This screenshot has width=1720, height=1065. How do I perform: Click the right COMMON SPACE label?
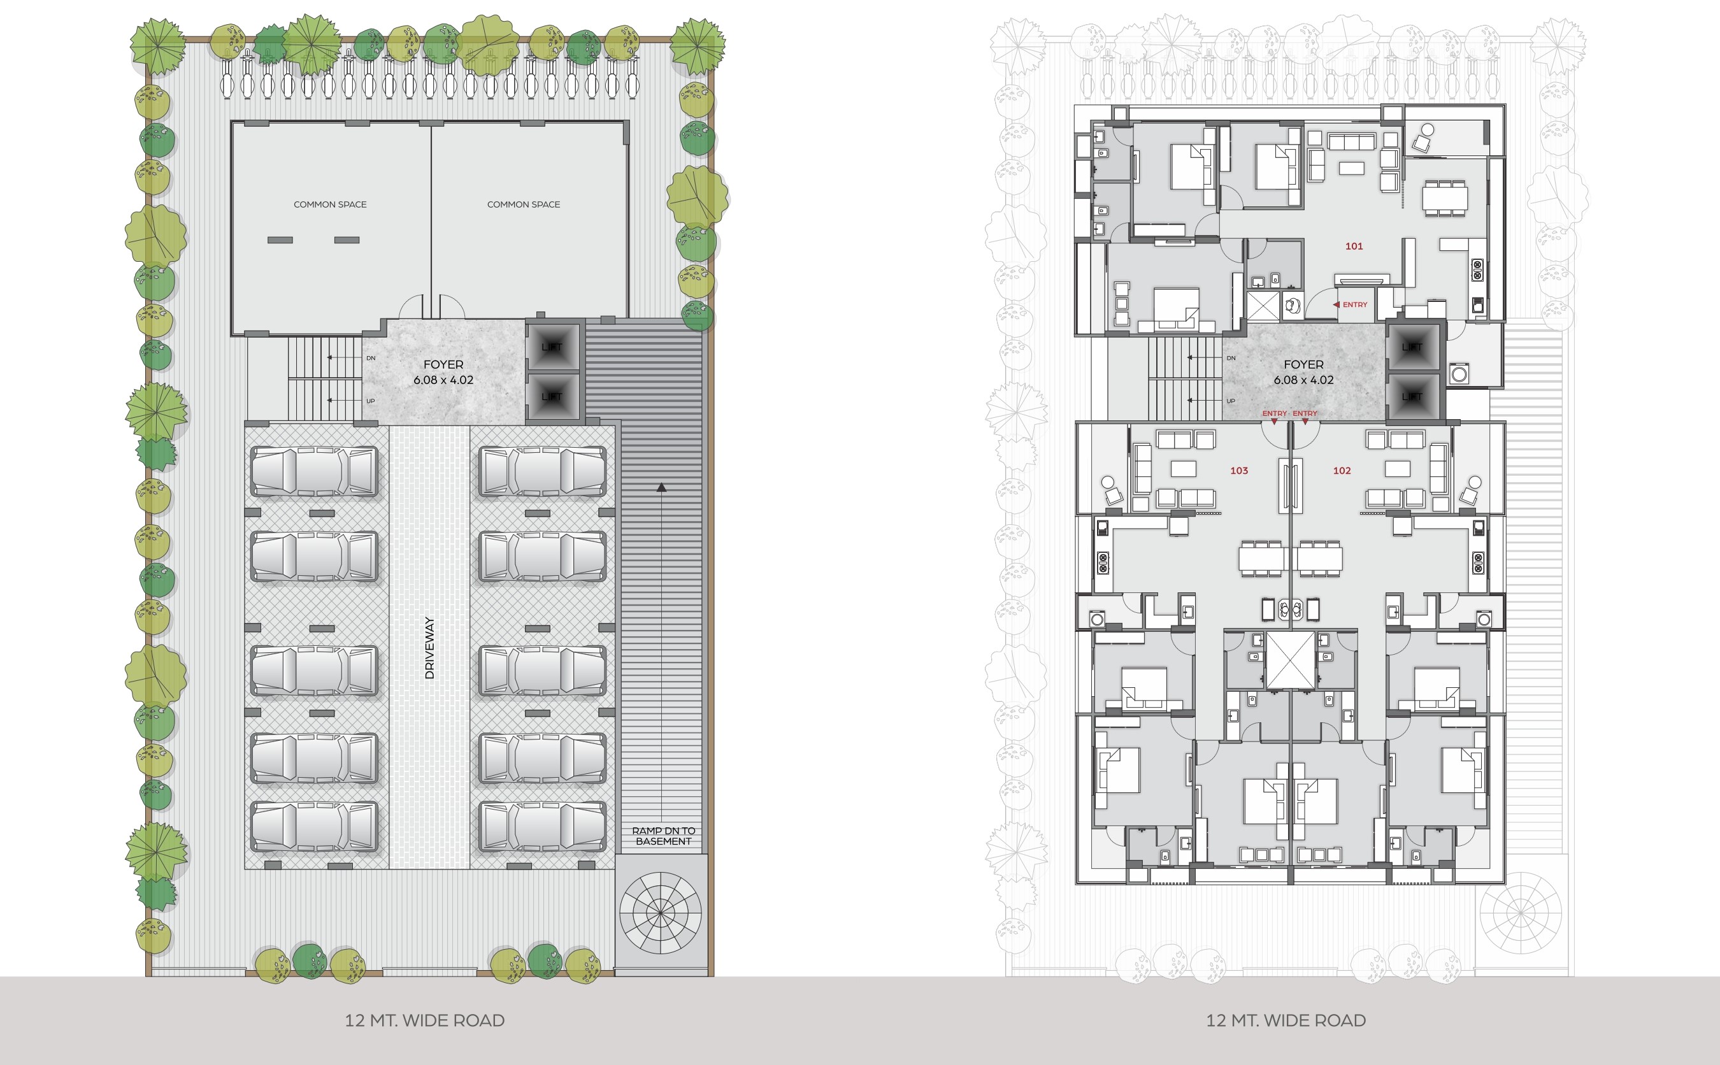[523, 204]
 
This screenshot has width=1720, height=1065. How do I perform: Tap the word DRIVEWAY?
[429, 648]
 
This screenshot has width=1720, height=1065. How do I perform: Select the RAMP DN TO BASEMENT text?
[664, 836]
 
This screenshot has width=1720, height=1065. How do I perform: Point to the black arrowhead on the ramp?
[661, 487]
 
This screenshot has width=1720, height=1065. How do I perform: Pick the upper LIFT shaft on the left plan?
[552, 347]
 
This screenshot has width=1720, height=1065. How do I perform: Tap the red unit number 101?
[1354, 246]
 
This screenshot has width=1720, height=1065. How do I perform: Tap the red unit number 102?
[1342, 471]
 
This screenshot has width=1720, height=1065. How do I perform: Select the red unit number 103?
[1239, 471]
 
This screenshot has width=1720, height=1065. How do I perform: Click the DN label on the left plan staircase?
[371, 359]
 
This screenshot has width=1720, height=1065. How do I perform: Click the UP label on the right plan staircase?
[1231, 401]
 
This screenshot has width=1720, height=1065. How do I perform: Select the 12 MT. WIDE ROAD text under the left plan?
[424, 1020]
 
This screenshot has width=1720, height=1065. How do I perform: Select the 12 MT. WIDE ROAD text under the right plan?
[1286, 1020]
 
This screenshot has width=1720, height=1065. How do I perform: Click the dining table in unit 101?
[1445, 198]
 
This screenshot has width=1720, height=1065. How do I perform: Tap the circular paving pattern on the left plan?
[661, 913]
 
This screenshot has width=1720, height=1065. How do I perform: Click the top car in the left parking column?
[315, 471]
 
